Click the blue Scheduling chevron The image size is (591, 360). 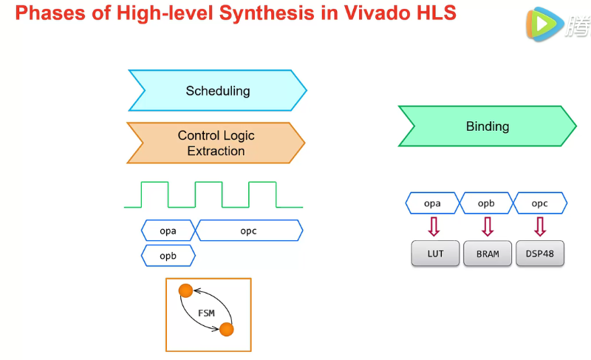tap(217, 91)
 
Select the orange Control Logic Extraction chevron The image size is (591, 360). tap(216, 143)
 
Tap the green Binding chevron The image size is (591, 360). tap(487, 126)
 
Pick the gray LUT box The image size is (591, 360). tap(435, 254)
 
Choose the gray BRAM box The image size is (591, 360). tap(487, 254)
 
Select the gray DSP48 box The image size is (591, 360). tap(540, 254)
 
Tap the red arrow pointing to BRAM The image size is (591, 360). tap(487, 225)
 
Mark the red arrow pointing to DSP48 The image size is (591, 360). tap(540, 225)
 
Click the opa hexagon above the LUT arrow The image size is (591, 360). tap(433, 203)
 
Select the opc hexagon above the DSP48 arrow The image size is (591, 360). tap(540, 203)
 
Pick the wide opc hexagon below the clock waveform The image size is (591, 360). tap(248, 231)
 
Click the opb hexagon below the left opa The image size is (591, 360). tap(168, 256)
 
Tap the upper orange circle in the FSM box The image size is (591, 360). tap(185, 291)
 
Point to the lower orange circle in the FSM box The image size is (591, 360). tap(226, 329)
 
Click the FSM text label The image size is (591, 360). tap(206, 313)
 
